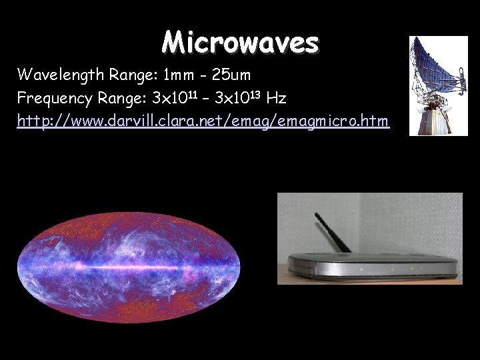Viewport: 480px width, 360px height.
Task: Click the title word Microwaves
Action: pyautogui.click(x=240, y=43)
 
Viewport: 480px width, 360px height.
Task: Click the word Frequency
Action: pyautogui.click(x=51, y=99)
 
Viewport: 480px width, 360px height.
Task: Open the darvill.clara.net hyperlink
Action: pyautogui.click(x=203, y=122)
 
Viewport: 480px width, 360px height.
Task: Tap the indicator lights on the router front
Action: pyautogui.click(x=394, y=269)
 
